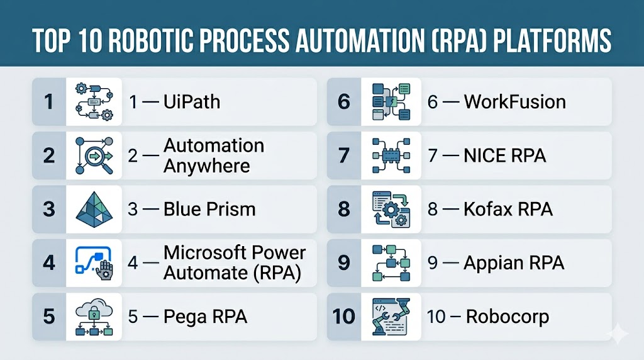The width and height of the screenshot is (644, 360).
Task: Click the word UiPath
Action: pos(192,102)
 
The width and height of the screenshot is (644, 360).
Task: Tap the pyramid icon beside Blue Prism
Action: pos(94,210)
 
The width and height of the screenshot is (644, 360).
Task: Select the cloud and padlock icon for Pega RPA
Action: pos(94,317)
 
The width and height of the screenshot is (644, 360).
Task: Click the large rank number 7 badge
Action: pos(344,155)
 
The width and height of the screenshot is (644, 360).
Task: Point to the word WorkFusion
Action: pos(515,102)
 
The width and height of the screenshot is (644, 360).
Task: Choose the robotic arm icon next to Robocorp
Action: pos(391,317)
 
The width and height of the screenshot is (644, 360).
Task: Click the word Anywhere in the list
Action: pos(206,166)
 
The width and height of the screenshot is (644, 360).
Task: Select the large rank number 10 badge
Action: pos(344,317)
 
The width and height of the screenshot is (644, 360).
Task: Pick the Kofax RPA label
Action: pos(508,209)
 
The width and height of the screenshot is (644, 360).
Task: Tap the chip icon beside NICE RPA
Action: pos(391,155)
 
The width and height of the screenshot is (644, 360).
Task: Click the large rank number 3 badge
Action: pos(49,209)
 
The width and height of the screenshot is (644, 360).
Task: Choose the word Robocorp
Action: pos(508,317)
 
